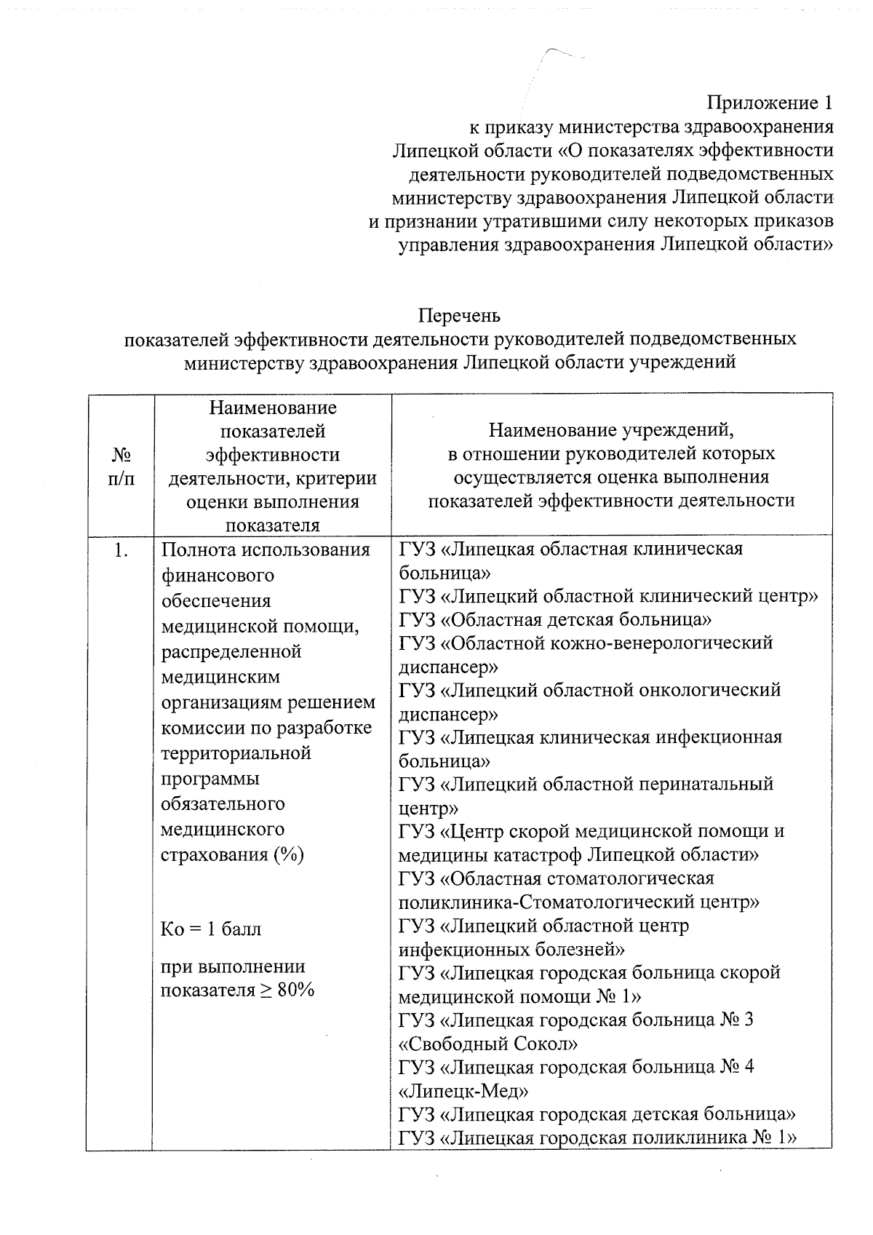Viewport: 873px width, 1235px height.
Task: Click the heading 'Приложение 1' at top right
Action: click(770, 103)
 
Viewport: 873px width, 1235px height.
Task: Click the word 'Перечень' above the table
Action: click(459, 316)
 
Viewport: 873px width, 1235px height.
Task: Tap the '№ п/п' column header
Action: click(121, 466)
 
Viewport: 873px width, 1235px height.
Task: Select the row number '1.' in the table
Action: click(121, 551)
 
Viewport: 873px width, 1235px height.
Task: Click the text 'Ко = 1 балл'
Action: click(211, 929)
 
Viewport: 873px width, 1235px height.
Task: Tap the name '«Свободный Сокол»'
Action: click(488, 1044)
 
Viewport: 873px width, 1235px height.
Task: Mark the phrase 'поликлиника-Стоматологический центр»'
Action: click(579, 902)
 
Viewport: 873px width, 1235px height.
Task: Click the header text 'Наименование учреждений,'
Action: click(610, 431)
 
